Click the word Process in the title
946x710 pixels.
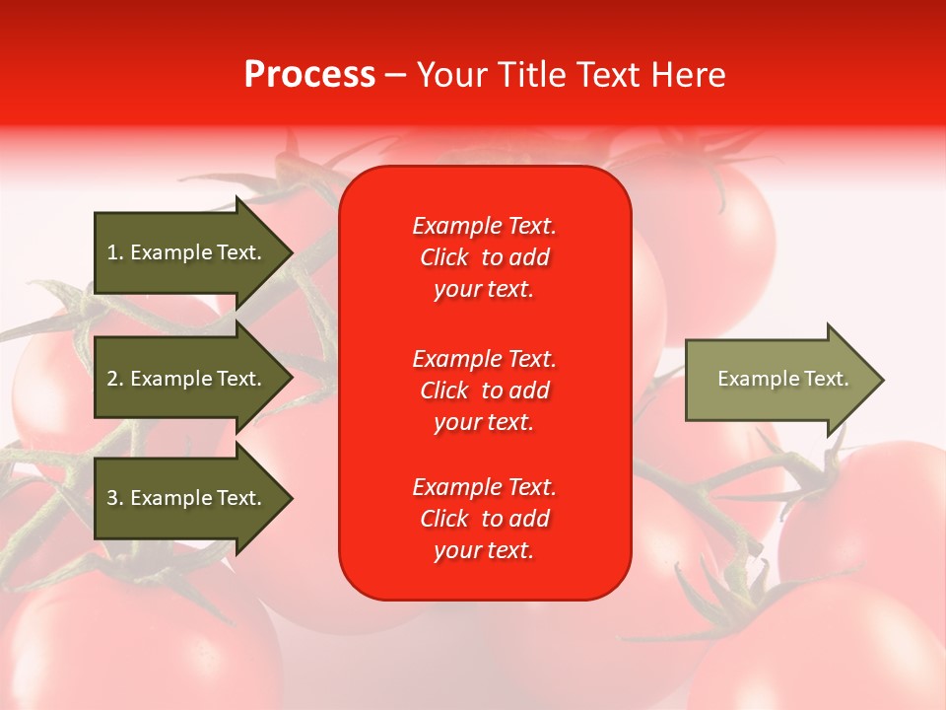309,75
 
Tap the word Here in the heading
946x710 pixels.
688,75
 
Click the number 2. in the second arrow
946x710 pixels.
114,379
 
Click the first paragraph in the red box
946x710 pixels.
484,257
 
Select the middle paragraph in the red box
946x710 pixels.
484,390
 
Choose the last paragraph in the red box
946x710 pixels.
484,519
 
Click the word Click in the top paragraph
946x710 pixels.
443,257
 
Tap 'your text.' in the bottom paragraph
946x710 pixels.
484,550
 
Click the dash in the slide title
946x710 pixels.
395,75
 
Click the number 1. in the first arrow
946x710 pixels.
114,252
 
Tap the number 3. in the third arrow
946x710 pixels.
114,498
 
